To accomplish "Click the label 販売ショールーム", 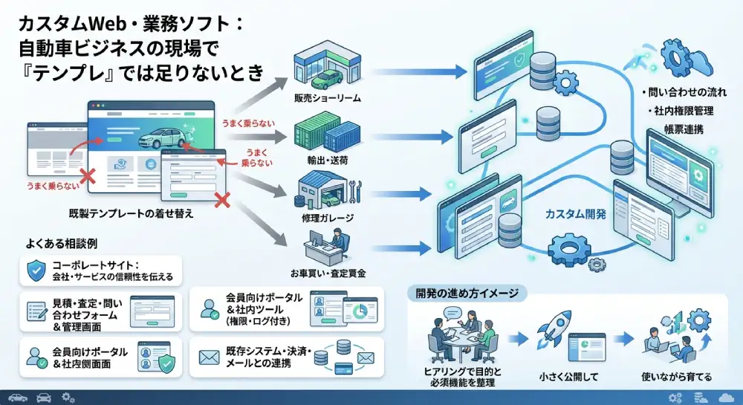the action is (328, 98).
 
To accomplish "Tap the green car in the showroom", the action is (327, 77).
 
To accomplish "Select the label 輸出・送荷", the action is (328, 161).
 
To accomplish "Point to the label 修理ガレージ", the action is (328, 218).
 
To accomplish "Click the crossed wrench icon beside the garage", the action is (355, 192).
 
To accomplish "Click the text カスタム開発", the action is (575, 214).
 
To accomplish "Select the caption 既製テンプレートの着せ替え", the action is (132, 213).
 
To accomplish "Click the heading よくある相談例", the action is (62, 244).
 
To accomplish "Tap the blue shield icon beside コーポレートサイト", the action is (36, 270).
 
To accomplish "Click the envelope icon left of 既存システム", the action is (209, 357).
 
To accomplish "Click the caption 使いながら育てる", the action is (677, 377).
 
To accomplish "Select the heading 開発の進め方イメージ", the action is (467, 294).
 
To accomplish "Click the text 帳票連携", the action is (684, 129).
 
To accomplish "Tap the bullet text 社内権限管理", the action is (684, 111).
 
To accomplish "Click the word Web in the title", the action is (111, 24).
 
